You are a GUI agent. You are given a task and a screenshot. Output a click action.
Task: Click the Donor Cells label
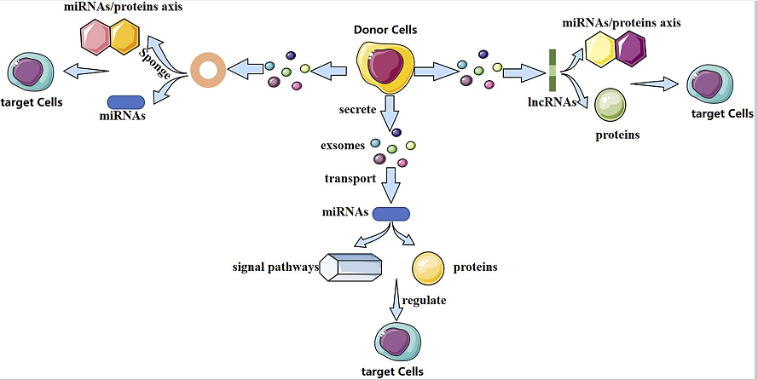point(385,30)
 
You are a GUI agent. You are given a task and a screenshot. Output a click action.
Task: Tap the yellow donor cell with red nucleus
point(385,67)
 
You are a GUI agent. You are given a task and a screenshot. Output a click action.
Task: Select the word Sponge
point(154,63)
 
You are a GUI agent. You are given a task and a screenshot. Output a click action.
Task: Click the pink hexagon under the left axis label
point(95,37)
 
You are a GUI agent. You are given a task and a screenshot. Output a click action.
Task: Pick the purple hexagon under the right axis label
point(629,49)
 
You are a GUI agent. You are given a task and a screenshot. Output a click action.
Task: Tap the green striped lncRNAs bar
point(553,70)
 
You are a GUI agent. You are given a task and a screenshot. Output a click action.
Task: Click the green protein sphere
point(610,105)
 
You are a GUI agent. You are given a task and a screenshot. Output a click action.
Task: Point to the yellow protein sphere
point(428,268)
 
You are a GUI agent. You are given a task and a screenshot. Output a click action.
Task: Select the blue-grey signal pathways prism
point(350,267)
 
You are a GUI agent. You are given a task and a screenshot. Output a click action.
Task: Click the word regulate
point(424,300)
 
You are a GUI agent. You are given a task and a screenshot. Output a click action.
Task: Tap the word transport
point(350,179)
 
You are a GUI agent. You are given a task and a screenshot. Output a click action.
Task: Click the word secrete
point(357,110)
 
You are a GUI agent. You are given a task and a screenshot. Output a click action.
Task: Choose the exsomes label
point(342,146)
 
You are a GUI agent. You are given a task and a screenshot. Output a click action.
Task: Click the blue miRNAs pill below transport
point(391,214)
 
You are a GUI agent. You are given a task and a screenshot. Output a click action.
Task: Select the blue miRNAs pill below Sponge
point(125,102)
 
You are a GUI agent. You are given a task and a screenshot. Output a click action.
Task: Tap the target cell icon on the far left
point(31,72)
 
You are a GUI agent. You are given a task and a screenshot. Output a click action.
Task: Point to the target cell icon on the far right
point(709,84)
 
